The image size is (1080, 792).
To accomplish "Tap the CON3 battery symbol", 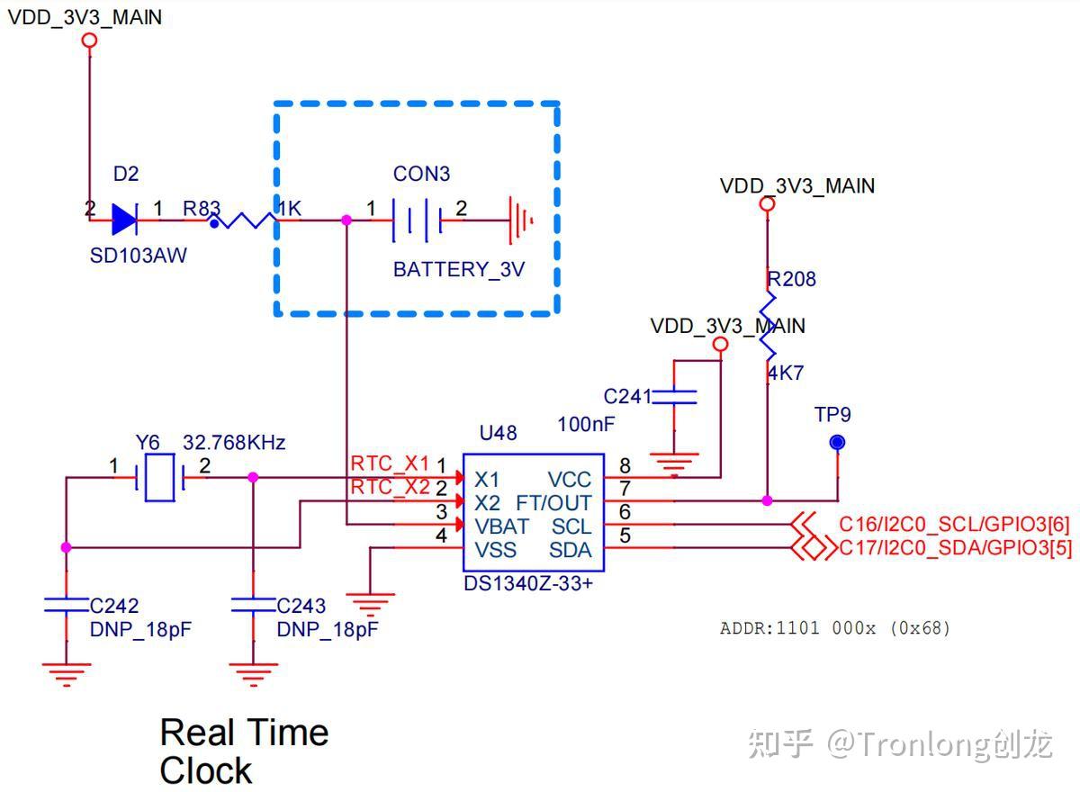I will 417,219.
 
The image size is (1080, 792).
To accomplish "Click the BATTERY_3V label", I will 458,269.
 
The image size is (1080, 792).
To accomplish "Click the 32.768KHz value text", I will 234,443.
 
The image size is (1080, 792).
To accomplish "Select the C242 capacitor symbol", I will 66,605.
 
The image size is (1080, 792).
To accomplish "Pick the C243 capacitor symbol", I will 253,605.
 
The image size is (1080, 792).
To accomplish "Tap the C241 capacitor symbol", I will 674,396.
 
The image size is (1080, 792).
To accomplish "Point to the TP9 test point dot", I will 838,442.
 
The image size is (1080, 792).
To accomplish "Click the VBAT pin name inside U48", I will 501,526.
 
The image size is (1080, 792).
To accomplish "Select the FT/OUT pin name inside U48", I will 553,502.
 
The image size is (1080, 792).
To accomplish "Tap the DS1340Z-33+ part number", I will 528,583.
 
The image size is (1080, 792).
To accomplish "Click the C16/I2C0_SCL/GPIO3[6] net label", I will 954,525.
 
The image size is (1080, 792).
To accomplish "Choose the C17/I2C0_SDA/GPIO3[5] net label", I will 954,547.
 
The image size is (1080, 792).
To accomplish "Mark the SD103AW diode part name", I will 139,256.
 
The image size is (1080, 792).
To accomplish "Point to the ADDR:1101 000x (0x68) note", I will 834,628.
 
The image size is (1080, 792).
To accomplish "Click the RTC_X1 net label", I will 390,463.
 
